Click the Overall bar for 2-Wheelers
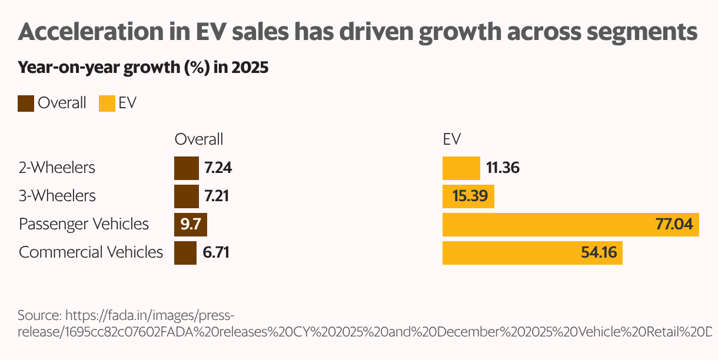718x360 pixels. pos(186,168)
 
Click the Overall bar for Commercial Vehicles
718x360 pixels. pos(185,253)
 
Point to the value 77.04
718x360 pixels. pos(674,225)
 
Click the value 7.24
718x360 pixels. pos(218,168)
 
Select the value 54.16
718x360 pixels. pos(599,253)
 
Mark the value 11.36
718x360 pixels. pos(503,168)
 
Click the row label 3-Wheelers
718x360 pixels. pos(56,196)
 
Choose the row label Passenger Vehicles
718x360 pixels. pos(84,224)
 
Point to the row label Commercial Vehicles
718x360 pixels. pos(91,252)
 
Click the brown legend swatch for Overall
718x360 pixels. pos(26,104)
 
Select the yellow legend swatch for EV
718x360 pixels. pos(107,104)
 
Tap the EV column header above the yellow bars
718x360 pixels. pos(451,139)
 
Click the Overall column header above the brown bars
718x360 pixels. pos(199,139)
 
